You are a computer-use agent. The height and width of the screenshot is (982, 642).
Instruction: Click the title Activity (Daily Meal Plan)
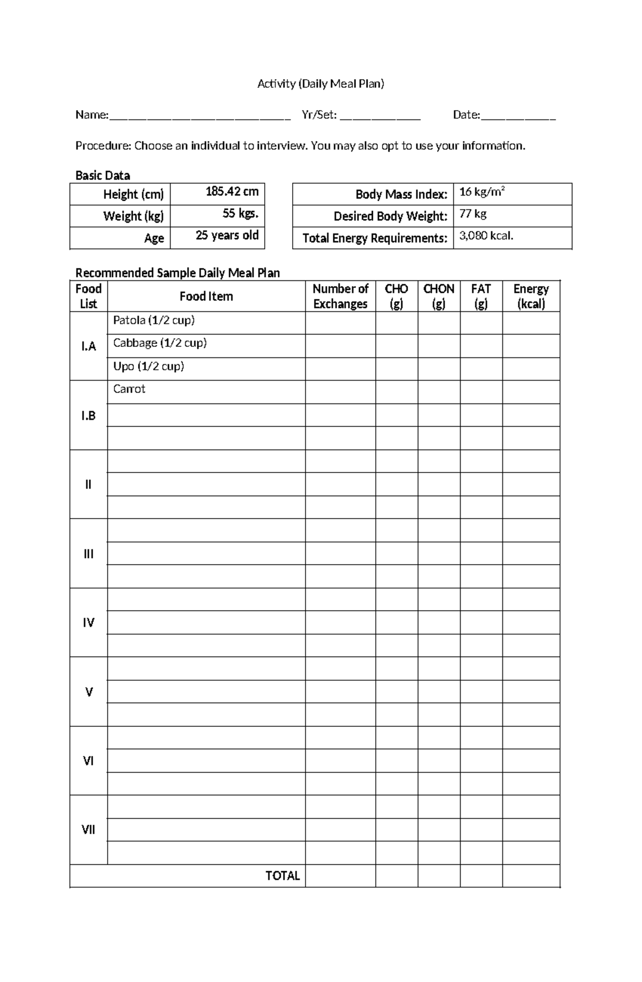320,83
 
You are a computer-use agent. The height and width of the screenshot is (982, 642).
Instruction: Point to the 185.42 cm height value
232,192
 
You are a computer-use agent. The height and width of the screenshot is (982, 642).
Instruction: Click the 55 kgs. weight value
240,214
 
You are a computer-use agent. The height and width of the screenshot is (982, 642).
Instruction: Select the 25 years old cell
227,235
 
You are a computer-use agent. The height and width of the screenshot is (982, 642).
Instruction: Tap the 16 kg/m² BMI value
481,192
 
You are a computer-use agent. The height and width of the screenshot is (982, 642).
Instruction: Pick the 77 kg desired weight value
473,214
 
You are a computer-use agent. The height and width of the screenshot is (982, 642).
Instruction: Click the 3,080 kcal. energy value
486,235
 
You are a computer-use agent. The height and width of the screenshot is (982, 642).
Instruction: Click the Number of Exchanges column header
340,296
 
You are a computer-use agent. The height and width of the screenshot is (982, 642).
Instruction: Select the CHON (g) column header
438,296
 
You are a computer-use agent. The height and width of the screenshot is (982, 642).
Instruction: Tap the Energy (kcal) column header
531,296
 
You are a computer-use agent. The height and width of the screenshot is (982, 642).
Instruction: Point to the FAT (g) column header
480,296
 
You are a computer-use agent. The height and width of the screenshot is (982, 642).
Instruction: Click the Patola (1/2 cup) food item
154,321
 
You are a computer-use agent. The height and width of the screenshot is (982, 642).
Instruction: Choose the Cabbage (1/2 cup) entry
159,343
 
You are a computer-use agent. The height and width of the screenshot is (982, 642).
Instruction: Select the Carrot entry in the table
129,389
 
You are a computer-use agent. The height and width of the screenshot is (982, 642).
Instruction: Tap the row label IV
88,622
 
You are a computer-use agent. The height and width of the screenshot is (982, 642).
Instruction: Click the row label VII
88,829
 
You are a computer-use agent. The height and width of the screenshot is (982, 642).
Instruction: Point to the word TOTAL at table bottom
282,876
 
